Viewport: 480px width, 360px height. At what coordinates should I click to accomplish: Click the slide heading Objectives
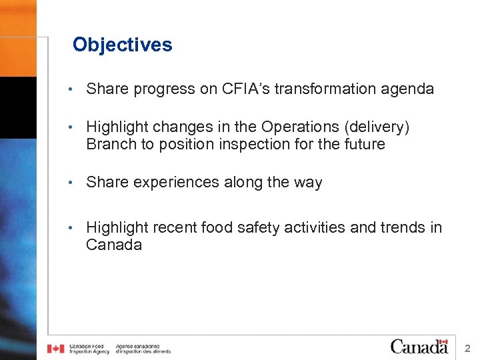coord(122,45)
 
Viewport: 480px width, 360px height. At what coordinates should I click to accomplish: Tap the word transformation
coord(331,89)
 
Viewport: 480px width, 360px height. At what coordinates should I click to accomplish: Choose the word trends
coord(403,228)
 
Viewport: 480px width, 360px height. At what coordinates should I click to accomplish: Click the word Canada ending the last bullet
coord(113,245)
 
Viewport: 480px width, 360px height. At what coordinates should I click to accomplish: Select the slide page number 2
coord(467,348)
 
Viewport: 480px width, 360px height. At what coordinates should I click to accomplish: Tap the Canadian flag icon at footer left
coord(55,349)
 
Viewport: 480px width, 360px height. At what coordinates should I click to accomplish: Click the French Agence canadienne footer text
coord(143,349)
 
